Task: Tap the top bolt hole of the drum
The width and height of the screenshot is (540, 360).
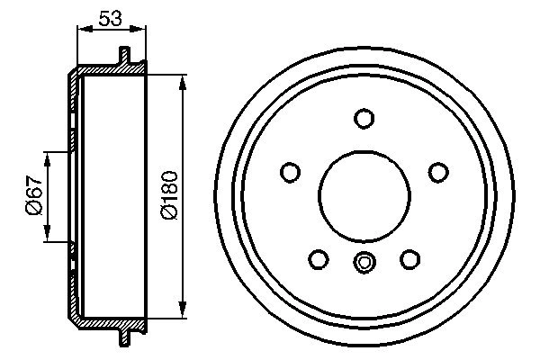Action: (x=364, y=119)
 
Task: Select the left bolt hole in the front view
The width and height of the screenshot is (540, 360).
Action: (x=291, y=172)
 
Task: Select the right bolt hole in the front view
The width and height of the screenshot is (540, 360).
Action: (x=437, y=172)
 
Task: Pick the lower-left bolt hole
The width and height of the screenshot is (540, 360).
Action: (x=318, y=259)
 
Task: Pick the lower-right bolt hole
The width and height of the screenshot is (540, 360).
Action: (x=410, y=259)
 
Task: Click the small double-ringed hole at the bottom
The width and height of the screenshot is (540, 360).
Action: (x=364, y=264)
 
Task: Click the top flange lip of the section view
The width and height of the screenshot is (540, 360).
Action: (x=125, y=57)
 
